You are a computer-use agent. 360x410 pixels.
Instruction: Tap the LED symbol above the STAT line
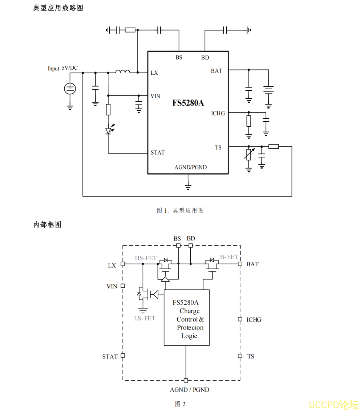109,131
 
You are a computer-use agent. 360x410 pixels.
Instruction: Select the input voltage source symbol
70,89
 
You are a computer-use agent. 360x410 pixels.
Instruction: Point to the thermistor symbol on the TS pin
248,155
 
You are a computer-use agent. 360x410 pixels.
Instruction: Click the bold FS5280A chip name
188,103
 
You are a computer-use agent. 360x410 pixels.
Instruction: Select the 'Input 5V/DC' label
62,68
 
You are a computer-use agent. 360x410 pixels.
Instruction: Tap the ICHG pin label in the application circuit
218,114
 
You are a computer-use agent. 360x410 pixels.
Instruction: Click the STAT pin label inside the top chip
158,153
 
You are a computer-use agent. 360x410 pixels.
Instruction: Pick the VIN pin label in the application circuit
155,96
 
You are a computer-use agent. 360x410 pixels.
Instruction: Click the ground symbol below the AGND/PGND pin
188,186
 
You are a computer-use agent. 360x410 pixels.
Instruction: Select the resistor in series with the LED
108,110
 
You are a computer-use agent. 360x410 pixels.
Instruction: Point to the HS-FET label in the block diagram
146,258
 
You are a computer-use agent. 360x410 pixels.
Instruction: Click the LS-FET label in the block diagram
145,319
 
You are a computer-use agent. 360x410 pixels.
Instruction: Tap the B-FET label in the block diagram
229,257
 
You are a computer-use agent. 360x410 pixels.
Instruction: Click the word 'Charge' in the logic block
189,311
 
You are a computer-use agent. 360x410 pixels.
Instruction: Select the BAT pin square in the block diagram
240,264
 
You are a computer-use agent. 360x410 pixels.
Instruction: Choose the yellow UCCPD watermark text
333,404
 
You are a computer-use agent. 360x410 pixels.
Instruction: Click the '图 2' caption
180,404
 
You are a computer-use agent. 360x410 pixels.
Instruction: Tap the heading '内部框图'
47,225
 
